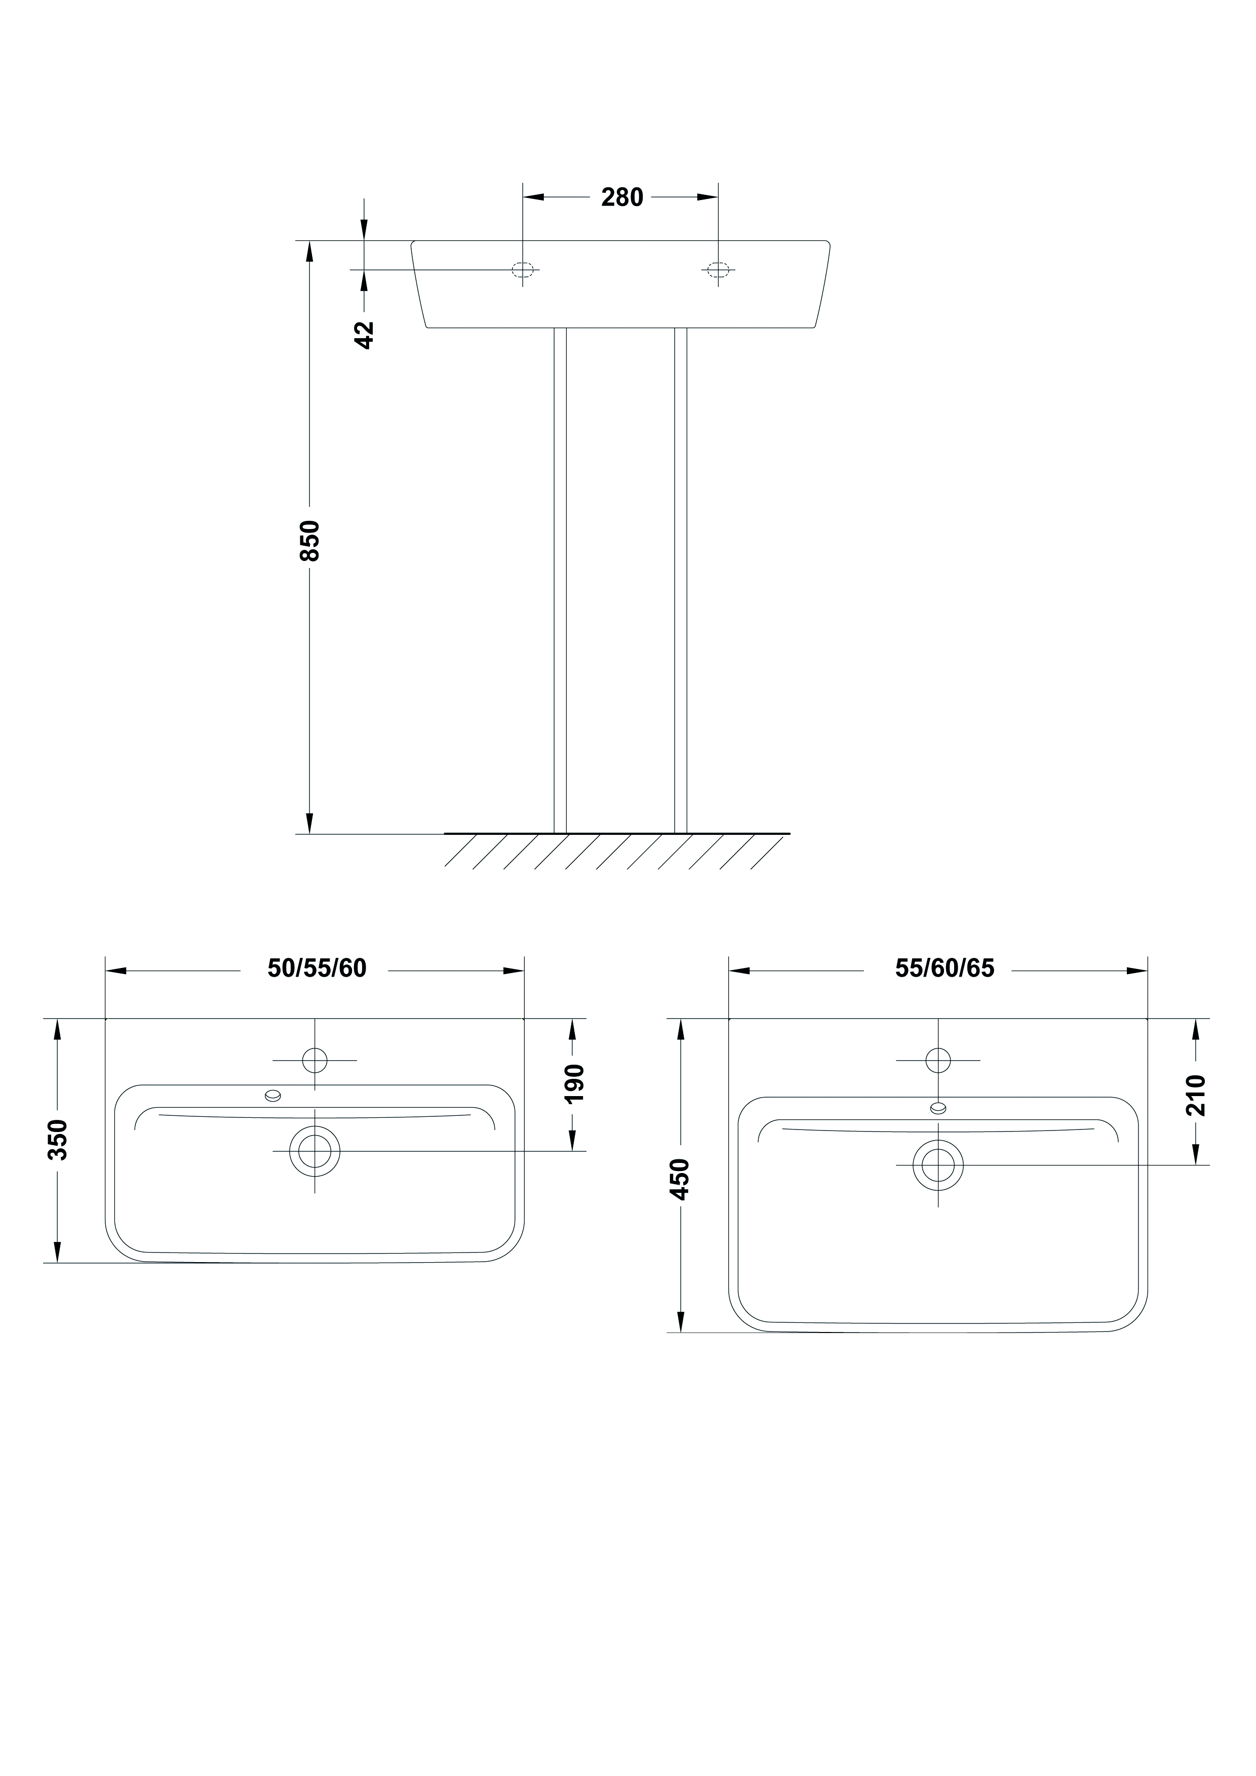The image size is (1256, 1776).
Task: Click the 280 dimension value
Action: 622,197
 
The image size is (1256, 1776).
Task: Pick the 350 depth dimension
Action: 58,1140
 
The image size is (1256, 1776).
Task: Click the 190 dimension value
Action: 573,1084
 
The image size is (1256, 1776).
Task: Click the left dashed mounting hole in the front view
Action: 523,270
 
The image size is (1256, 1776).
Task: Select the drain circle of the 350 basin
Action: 315,1151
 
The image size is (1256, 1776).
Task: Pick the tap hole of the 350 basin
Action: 315,1060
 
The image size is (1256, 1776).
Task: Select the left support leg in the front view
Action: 560,581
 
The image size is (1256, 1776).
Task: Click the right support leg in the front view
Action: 681,581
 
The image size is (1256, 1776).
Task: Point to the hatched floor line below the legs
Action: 617,834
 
